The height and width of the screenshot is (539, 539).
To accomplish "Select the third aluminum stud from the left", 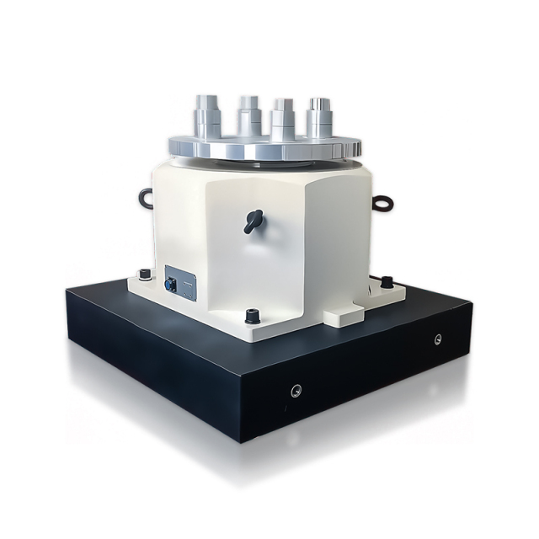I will pyautogui.click(x=282, y=119).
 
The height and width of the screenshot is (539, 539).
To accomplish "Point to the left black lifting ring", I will pyautogui.click(x=145, y=198).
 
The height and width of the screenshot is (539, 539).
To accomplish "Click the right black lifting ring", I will pyautogui.click(x=383, y=202).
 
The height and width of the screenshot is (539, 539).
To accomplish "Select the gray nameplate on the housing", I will pyautogui.click(x=181, y=282).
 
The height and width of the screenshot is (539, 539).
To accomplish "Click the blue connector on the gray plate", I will pyautogui.click(x=172, y=285).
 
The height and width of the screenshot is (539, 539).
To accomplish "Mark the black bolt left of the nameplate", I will pyautogui.click(x=144, y=274).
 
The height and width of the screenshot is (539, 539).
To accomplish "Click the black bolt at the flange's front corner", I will pyautogui.click(x=251, y=317).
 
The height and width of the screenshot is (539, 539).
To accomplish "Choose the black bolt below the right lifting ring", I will pyautogui.click(x=387, y=281).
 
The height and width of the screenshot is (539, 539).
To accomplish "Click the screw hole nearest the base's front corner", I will pyautogui.click(x=296, y=390).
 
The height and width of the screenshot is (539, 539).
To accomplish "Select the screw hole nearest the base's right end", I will pyautogui.click(x=437, y=339).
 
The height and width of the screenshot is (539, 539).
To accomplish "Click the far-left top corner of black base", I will pyautogui.click(x=67, y=291).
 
